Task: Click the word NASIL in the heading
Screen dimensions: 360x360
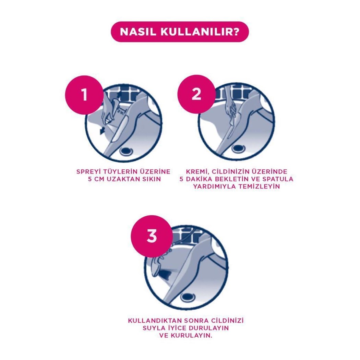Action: (x=138, y=32)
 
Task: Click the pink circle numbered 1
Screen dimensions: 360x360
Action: (x=84, y=95)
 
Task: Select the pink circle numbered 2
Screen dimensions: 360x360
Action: (x=196, y=94)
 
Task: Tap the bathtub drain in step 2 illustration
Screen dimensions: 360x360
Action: (x=238, y=148)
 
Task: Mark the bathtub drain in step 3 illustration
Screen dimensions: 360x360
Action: (x=188, y=298)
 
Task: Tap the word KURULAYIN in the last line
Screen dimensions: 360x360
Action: (x=191, y=335)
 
